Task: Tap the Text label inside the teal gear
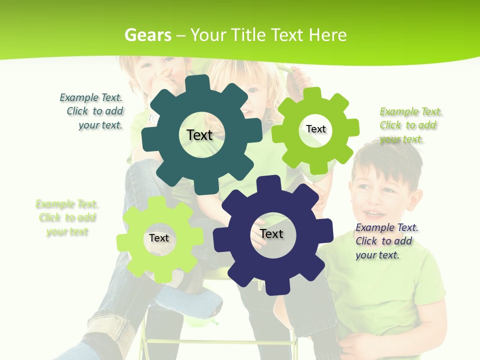[x=199, y=135]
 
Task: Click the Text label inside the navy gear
[x=271, y=234]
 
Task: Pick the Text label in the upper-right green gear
[x=316, y=129]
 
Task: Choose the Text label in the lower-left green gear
[x=159, y=238]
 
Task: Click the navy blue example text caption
[x=386, y=241]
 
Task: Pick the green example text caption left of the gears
[x=67, y=217]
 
